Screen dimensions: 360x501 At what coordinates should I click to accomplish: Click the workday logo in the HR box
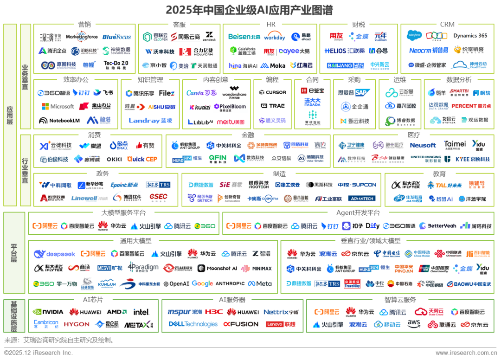pyautogui.click(x=275, y=36)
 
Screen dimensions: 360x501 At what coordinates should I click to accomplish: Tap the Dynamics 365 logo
pyautogui.click(x=470, y=36)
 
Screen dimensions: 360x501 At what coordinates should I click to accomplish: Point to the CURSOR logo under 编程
pyautogui.click(x=273, y=92)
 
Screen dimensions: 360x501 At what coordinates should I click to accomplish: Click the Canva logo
pyautogui.click(x=201, y=93)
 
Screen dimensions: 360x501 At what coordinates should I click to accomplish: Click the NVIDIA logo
pyautogui.click(x=48, y=312)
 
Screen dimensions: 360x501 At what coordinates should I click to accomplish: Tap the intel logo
pyautogui.click(x=141, y=312)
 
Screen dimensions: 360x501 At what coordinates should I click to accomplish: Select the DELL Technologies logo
pyautogui.click(x=193, y=324)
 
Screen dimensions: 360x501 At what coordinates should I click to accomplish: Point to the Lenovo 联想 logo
pyautogui.click(x=281, y=324)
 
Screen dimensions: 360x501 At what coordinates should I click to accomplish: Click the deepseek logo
pyautogui.click(x=54, y=254)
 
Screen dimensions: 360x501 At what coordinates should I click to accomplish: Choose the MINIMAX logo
pyautogui.click(x=256, y=269)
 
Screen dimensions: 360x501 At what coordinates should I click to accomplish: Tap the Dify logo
pyautogui.click(x=373, y=226)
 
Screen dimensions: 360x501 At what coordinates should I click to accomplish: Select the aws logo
pyautogui.click(x=414, y=324)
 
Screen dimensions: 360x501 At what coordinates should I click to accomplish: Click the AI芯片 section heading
pyautogui.click(x=93, y=300)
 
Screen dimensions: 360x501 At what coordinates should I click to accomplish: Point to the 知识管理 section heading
pyautogui.click(x=150, y=80)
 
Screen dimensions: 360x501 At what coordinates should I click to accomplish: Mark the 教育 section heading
pyautogui.click(x=439, y=174)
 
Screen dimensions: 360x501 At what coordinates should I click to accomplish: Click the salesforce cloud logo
pyautogui.click(x=413, y=36)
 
